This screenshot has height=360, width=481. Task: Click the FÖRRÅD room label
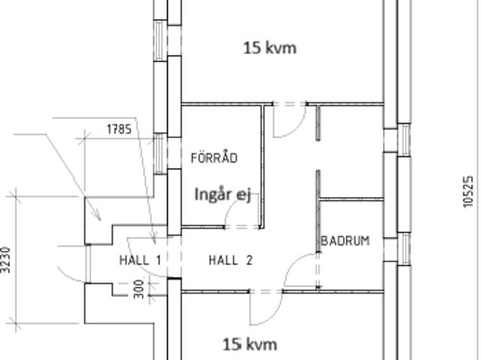(214, 158)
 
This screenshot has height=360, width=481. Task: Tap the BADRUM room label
(345, 241)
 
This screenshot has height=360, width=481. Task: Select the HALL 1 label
(141, 260)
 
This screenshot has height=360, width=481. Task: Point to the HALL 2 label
(231, 260)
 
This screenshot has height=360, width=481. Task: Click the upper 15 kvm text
(270, 48)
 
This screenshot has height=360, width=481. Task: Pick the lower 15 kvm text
(250, 344)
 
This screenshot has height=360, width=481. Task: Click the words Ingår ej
(223, 195)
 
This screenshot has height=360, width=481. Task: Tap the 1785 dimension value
(119, 129)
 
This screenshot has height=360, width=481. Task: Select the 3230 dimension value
(6, 260)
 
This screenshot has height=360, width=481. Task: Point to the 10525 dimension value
(467, 192)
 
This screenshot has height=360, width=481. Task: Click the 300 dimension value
(139, 289)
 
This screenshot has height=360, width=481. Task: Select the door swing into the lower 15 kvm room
(274, 316)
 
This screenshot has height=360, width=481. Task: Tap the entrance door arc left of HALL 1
(69, 277)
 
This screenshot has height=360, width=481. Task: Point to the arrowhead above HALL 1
(154, 238)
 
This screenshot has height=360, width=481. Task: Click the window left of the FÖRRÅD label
(159, 153)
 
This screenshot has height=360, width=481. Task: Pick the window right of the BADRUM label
(404, 248)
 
